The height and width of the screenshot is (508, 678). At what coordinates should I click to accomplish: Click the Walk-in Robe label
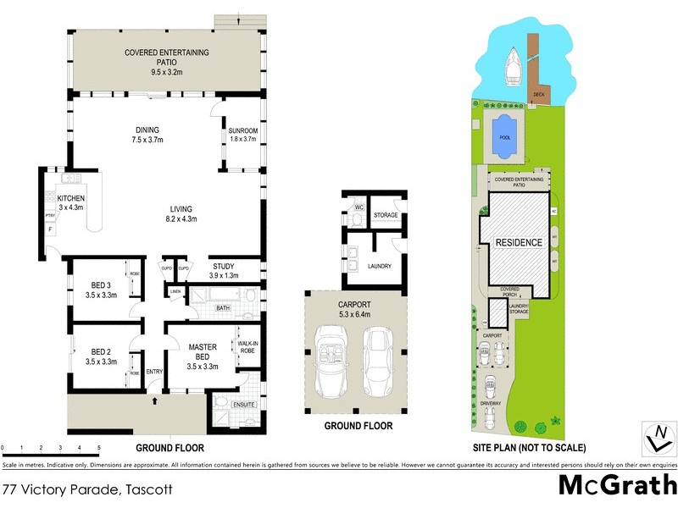click(247, 346)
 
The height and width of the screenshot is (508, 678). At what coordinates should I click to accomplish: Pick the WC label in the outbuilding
click(359, 207)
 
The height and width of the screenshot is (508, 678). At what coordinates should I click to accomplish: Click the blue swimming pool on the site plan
click(505, 135)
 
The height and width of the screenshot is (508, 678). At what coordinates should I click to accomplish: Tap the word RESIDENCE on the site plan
click(519, 243)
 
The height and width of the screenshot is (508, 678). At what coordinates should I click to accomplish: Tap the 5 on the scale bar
click(99, 446)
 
